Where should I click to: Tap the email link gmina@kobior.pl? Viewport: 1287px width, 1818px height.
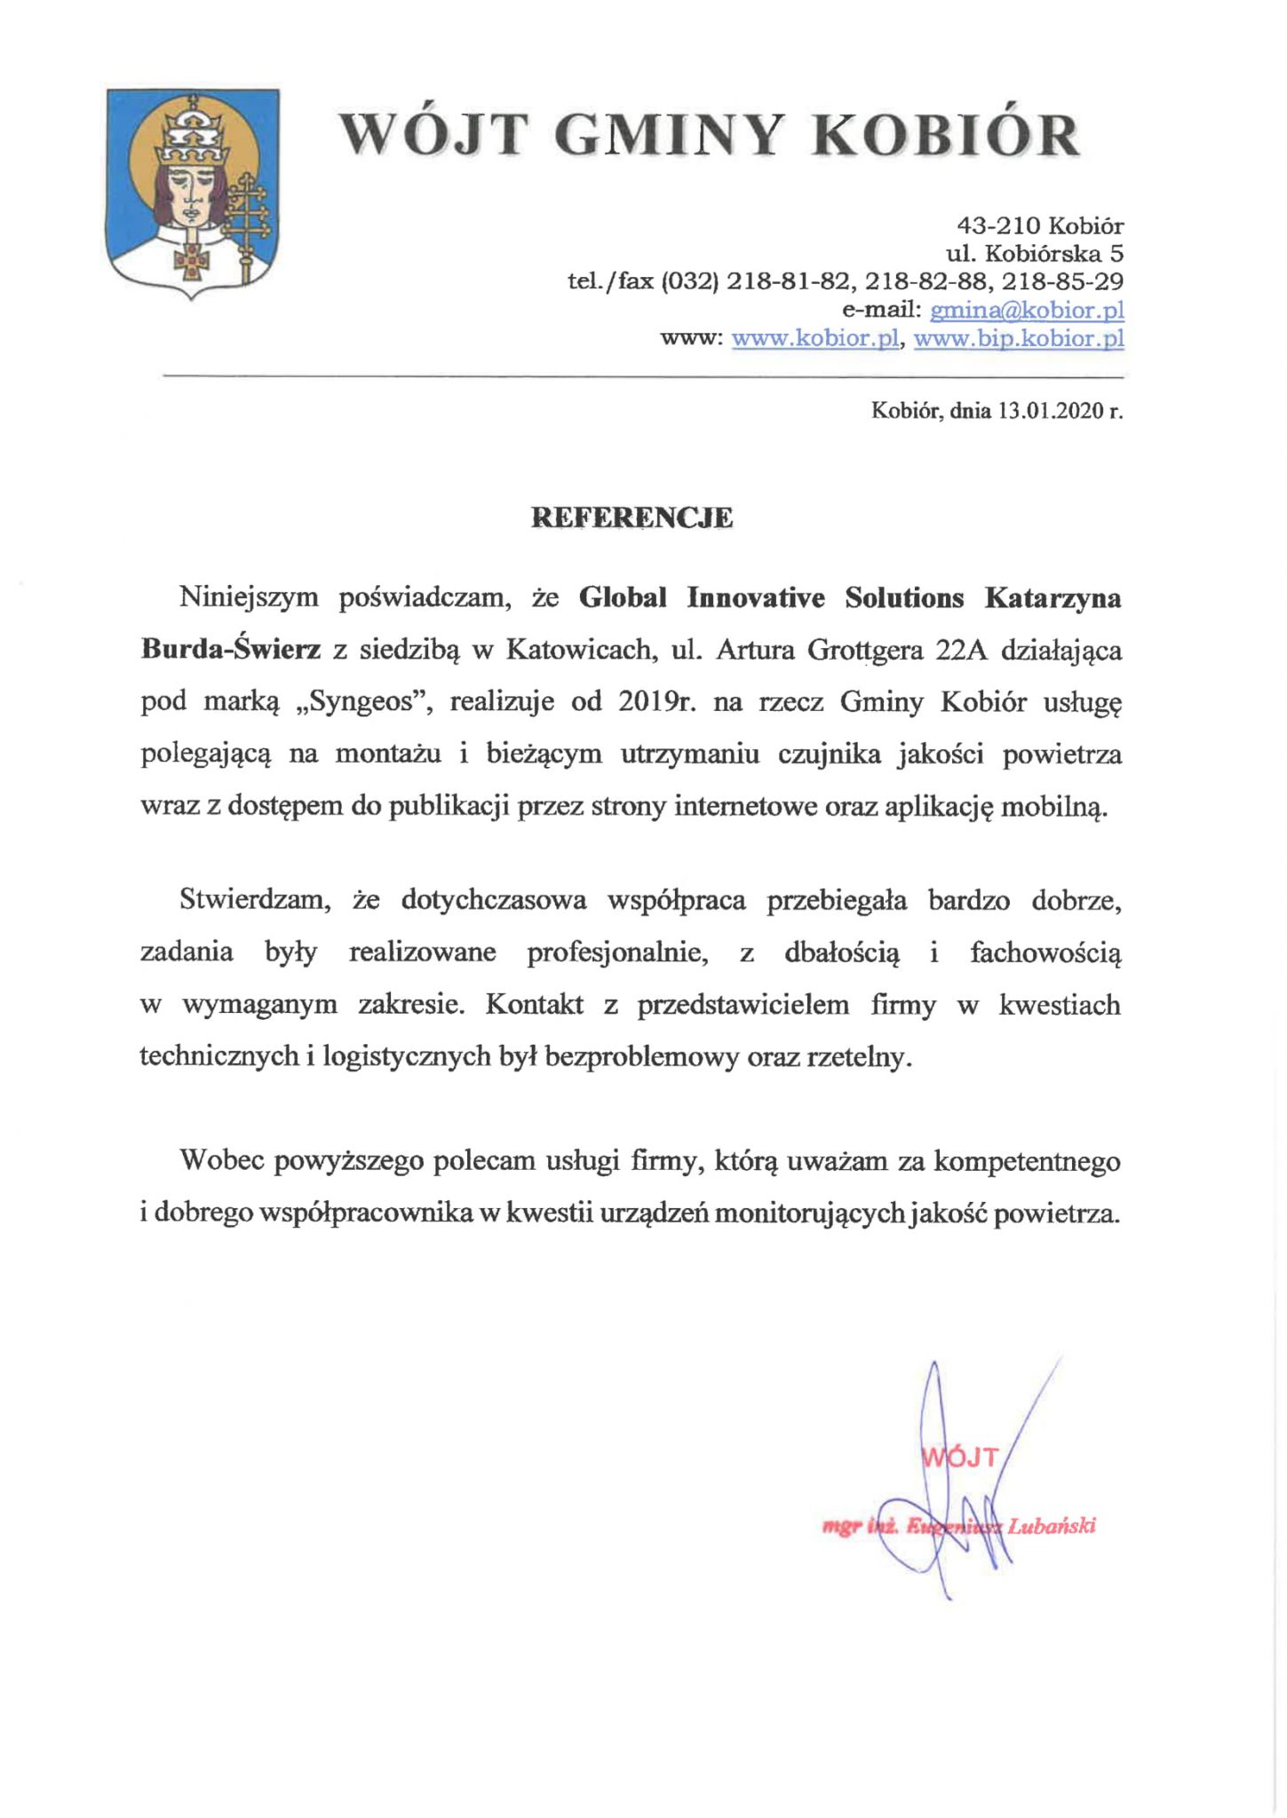1027,311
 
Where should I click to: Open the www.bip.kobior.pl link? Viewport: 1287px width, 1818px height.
1019,339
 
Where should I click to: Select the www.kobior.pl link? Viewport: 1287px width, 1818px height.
816,339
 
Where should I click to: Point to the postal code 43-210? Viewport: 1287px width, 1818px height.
997,225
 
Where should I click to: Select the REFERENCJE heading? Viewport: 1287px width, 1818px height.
632,518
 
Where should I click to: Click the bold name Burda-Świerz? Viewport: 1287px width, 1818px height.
230,650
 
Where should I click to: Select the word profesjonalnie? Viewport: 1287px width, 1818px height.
617,952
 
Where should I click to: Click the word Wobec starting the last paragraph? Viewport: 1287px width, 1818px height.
220,1161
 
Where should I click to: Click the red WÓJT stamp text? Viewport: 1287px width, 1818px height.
961,1457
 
